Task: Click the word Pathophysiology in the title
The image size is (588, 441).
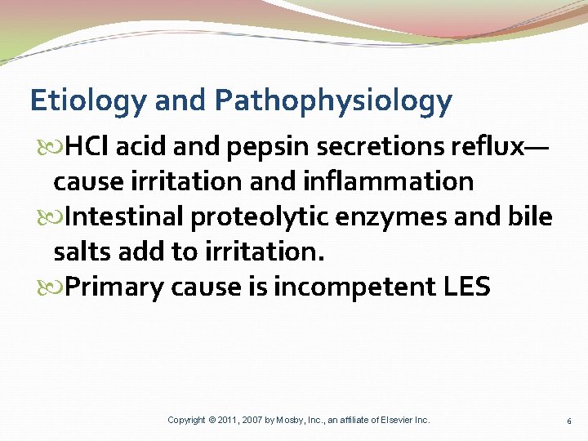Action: pyautogui.click(x=333, y=101)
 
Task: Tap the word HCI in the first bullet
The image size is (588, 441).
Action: pyautogui.click(x=88, y=148)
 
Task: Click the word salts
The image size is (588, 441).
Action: pyautogui.click(x=82, y=252)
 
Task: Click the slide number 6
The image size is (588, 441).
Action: pyautogui.click(x=568, y=421)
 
